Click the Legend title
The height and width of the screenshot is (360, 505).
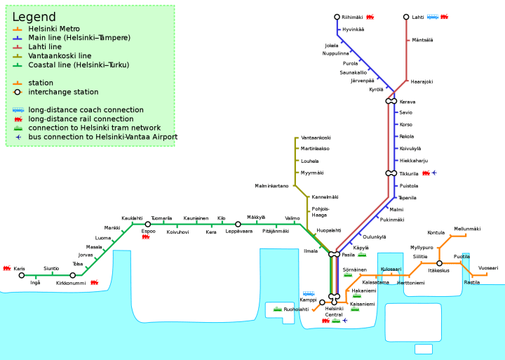[34, 16]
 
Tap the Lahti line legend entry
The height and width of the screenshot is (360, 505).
[45, 46]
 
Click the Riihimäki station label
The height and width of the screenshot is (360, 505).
[352, 17]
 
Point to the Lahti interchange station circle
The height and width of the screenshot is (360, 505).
[406, 17]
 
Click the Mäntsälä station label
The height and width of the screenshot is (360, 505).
[422, 40]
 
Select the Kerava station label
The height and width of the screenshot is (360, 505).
[407, 102]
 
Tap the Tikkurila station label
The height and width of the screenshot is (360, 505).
[408, 173]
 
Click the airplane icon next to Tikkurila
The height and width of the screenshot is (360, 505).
[434, 173]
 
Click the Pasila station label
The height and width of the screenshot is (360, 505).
[349, 255]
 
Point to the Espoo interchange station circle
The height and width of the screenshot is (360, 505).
[148, 225]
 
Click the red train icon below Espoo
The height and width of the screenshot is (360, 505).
[147, 237]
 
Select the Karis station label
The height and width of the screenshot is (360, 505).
[19, 268]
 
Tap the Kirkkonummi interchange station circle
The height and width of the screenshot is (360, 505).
[73, 275]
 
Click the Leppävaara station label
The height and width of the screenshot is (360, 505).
[238, 231]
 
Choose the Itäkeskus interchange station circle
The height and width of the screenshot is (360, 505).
[440, 263]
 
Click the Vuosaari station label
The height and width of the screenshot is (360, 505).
[487, 268]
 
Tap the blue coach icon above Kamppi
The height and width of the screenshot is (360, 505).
[309, 293]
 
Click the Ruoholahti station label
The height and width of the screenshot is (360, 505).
[296, 309]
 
